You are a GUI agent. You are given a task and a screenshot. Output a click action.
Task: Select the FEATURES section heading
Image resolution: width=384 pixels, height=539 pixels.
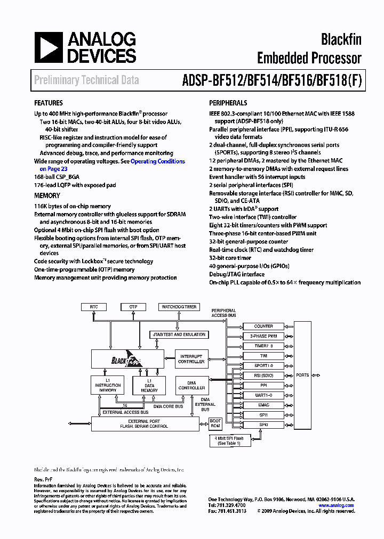49,103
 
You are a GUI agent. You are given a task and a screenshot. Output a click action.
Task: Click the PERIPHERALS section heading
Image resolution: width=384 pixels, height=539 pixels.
228,103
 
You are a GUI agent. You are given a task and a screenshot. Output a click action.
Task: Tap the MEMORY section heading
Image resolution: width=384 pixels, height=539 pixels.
47,196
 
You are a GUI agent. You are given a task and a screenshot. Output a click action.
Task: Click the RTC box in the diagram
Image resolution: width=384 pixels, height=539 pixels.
94,307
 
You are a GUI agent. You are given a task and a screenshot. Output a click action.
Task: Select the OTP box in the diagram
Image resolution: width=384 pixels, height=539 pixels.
133,307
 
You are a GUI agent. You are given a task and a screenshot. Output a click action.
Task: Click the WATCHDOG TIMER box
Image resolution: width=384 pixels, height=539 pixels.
179,307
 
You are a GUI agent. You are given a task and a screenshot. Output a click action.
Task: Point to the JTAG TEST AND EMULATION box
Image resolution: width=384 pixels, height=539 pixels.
179,334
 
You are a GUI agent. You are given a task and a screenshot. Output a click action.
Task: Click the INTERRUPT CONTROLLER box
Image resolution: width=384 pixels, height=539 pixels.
191,359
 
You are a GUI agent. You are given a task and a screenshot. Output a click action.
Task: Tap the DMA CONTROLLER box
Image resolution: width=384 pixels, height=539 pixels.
191,385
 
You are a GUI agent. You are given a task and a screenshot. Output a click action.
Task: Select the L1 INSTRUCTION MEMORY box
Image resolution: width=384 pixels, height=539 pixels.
108,385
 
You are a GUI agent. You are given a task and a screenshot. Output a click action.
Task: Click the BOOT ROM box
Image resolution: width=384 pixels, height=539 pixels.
215,423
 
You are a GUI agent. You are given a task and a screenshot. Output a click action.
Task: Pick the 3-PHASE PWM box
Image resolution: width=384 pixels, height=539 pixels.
263,336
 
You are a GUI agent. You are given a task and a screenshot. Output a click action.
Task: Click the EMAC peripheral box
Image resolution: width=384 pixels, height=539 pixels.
263,405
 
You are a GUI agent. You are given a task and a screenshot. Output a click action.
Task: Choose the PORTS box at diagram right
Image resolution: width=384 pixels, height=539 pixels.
302,375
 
